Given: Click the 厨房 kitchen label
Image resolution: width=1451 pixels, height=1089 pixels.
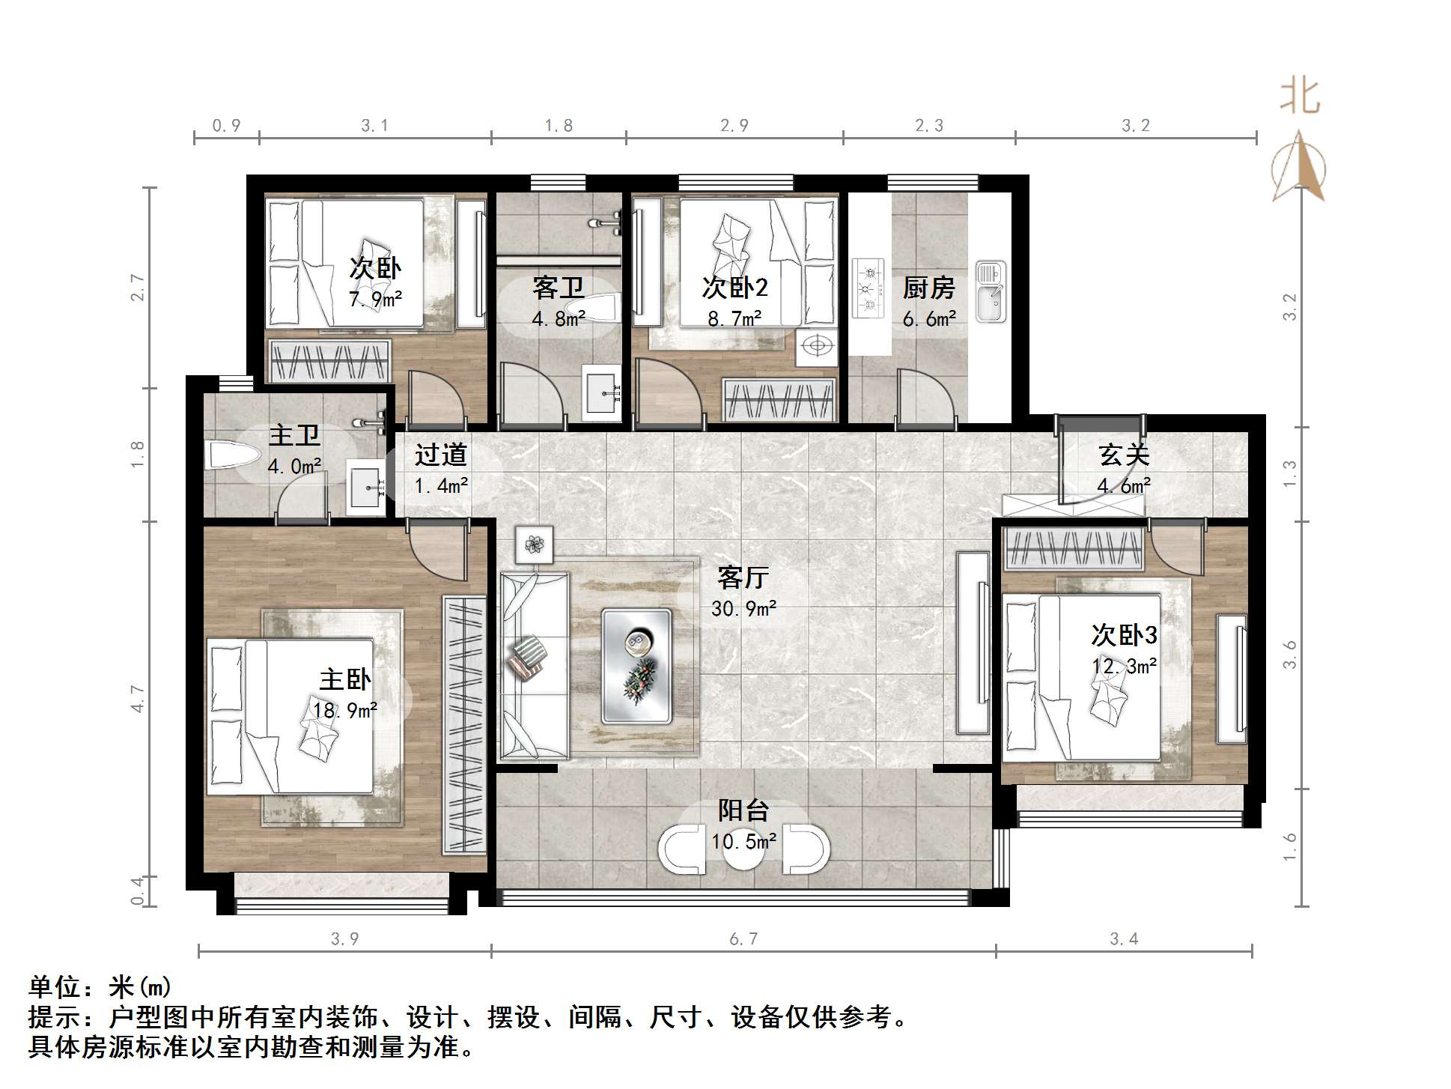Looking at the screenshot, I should pyautogui.click(x=928, y=288).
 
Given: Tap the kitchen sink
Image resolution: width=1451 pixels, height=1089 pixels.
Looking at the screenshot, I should pyautogui.click(x=991, y=292).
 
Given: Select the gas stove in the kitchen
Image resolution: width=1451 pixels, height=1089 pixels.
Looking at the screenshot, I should pyautogui.click(x=869, y=289).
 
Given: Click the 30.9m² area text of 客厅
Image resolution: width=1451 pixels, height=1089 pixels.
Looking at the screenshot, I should pyautogui.click(x=743, y=608).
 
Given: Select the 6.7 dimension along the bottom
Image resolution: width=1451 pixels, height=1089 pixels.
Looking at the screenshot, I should pyautogui.click(x=743, y=938).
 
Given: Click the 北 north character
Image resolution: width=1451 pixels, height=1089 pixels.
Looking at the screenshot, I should pyautogui.click(x=1299, y=98).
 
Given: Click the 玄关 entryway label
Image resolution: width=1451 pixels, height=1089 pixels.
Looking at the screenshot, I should pyautogui.click(x=1124, y=455).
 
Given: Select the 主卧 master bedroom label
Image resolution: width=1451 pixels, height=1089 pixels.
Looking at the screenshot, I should pyautogui.click(x=345, y=679).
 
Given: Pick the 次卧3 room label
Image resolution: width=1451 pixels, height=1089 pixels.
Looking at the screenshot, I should pyautogui.click(x=1124, y=635).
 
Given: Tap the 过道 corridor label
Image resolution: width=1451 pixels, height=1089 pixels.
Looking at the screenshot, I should pyautogui.click(x=441, y=455).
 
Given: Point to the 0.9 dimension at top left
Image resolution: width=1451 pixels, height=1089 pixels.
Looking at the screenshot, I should pyautogui.click(x=226, y=126).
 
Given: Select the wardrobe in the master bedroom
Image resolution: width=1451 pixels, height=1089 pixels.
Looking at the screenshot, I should pyautogui.click(x=464, y=725).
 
